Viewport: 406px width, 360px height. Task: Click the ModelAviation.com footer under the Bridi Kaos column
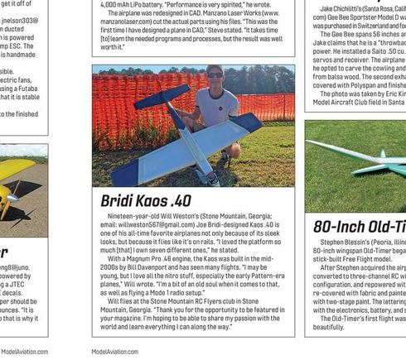115,352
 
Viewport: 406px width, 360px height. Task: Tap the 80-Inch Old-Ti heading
360,227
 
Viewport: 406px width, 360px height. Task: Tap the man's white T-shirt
217,105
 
